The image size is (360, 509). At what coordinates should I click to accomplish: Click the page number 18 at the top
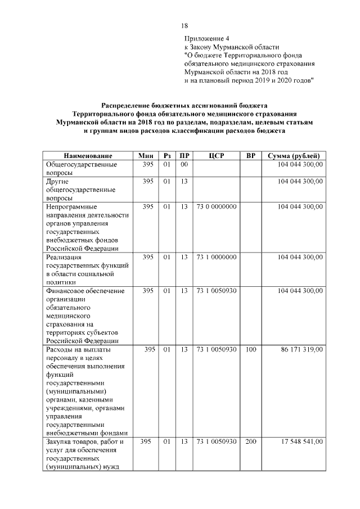(184, 26)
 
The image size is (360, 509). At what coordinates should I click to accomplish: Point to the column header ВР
(251, 155)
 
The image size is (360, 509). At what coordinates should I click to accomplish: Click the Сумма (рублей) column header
(294, 155)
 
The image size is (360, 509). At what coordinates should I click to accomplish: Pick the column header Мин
(146, 155)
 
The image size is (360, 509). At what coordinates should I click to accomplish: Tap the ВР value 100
(251, 349)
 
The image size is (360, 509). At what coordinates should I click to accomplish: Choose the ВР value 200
(251, 442)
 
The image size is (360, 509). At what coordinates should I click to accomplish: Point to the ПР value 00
(183, 164)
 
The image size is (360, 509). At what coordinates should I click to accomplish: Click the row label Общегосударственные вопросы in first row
(81, 169)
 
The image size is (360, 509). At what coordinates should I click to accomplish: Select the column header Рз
(166, 155)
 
